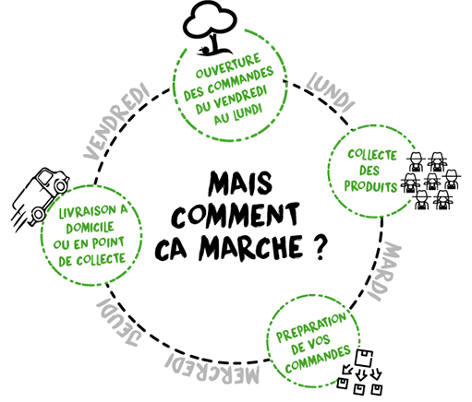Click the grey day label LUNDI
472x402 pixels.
tap(331, 91)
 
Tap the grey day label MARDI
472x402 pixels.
tap(384, 270)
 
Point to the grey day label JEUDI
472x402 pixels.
tap(119, 322)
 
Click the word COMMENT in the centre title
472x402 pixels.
tap(236, 214)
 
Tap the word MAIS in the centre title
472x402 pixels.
tap(240, 183)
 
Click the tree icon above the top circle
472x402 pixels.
tap(211, 29)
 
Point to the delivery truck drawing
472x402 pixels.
tap(40, 196)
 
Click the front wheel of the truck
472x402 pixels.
tap(61, 185)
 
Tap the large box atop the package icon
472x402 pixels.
tap(364, 358)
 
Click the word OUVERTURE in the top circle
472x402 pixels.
tap(228, 65)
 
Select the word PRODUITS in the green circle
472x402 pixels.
tap(370, 186)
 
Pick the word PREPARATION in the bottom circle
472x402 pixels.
tap(311, 327)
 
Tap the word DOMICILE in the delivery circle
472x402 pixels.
tap(90, 228)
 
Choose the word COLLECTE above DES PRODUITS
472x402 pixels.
tap(372, 155)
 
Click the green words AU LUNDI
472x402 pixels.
tap(238, 114)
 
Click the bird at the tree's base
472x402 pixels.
tap(203, 50)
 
